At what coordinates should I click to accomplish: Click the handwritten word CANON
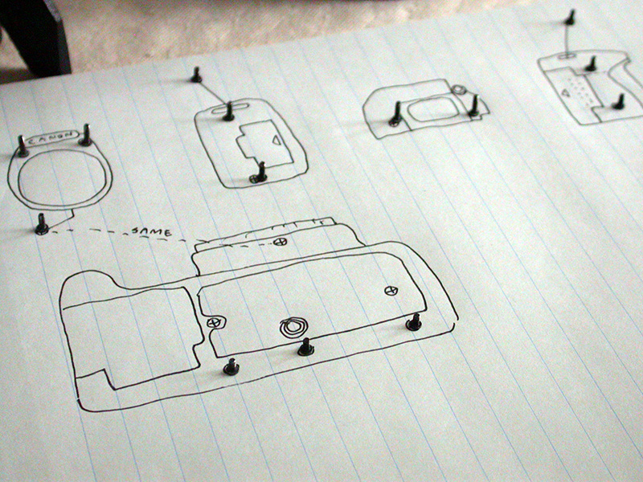(51, 138)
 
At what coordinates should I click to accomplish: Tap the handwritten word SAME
(151, 232)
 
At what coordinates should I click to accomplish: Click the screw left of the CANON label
(22, 147)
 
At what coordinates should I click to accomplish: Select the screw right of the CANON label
(86, 136)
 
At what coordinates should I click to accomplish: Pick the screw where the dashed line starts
(42, 225)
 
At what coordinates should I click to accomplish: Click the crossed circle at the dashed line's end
(279, 242)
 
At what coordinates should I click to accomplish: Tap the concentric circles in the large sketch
(293, 327)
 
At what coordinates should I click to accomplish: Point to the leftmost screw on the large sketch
(231, 366)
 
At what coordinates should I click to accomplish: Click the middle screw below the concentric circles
(306, 347)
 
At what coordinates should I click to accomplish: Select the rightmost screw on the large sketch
(414, 322)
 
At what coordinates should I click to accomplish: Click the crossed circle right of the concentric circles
(391, 291)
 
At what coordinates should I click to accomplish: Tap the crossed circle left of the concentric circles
(213, 323)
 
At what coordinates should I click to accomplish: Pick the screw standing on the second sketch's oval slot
(228, 112)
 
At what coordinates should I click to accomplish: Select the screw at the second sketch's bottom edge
(259, 172)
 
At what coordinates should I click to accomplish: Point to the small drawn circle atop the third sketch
(458, 89)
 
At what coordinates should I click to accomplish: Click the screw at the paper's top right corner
(570, 17)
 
